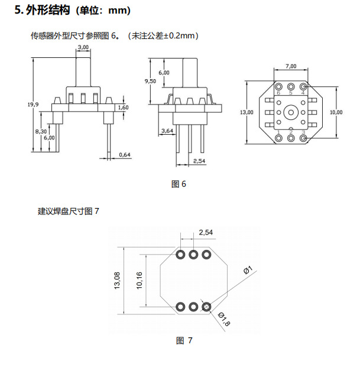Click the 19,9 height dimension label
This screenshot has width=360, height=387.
33,105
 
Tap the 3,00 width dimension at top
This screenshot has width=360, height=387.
83,47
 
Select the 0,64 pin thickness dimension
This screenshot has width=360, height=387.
125,155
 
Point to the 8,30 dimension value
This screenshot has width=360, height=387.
41,131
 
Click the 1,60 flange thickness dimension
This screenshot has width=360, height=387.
123,108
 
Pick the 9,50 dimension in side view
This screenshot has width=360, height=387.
150,81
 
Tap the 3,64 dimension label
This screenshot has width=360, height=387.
167,131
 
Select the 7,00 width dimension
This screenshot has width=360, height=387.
291,66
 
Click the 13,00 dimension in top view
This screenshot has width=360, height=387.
247,112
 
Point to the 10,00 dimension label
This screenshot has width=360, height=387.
336,112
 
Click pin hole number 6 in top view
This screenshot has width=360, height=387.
279,87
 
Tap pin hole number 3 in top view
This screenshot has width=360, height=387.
303,138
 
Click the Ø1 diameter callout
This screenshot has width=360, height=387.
248,270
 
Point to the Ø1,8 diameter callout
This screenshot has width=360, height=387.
224,320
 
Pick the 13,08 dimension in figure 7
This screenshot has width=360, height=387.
117,281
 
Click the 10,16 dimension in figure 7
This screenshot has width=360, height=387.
140,281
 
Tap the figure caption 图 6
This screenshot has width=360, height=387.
179,184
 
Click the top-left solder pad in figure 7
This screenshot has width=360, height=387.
180,255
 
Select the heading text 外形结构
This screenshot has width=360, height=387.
48,10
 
